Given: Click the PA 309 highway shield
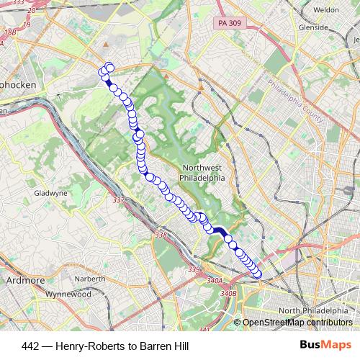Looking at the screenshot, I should [x=230, y=24].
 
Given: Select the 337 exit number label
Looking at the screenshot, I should [x=119, y=200].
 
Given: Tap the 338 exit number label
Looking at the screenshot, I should [x=161, y=235].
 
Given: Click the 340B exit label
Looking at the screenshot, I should [x=228, y=293].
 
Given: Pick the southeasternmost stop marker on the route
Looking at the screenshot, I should [x=258, y=271].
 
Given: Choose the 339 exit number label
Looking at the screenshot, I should [x=194, y=269].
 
